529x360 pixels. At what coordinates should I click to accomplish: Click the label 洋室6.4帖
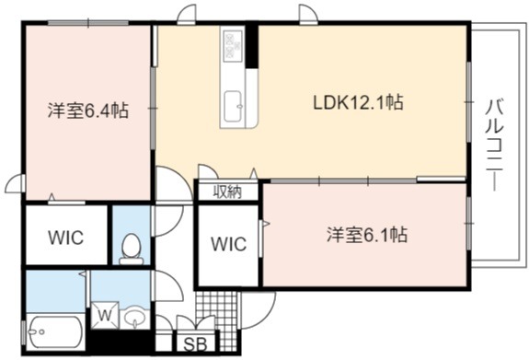coord(87,110)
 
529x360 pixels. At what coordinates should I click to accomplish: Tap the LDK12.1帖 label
coord(358,102)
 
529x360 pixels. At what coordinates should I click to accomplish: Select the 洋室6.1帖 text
coord(367,235)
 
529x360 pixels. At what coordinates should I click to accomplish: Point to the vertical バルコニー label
coord(495,145)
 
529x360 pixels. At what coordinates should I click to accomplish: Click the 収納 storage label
coord(227,192)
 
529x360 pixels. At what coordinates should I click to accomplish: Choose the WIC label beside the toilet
coord(66,238)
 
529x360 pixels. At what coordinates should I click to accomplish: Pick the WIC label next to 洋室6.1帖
coord(229,244)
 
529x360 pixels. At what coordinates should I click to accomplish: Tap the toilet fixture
coord(132,249)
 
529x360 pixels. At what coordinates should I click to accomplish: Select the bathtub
coord(56,331)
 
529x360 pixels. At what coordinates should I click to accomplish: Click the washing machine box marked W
coord(105,315)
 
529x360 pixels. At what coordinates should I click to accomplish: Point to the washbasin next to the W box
coord(135,318)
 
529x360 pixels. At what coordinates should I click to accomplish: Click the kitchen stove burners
coord(232,45)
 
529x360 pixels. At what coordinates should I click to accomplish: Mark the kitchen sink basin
coord(233,107)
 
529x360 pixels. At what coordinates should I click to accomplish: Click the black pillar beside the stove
coord(252,45)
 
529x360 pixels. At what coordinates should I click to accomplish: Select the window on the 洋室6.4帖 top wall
coord(88,23)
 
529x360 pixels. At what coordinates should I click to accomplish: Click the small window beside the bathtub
coord(24,332)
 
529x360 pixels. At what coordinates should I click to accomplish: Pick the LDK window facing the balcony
coord(468,101)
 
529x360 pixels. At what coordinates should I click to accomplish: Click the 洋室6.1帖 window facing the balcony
coord(468,223)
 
